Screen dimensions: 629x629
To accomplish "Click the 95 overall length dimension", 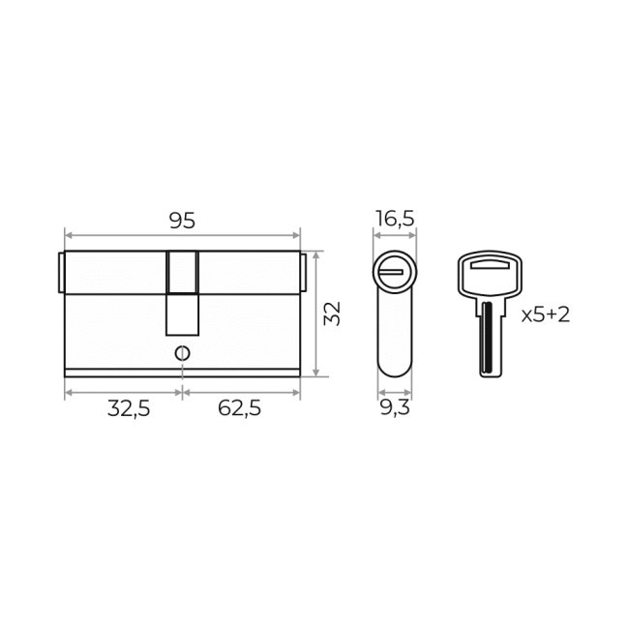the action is pyautogui.click(x=182, y=221).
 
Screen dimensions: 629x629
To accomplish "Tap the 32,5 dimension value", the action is pyautogui.click(x=129, y=409).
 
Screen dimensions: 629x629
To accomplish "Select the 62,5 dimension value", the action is pyautogui.click(x=239, y=408).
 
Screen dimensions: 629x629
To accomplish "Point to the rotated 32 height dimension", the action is pyautogui.click(x=332, y=314).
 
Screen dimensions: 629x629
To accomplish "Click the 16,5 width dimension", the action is pyautogui.click(x=395, y=219).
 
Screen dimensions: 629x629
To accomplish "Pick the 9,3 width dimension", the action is pyautogui.click(x=395, y=408).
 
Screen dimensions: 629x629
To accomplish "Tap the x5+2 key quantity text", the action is pyautogui.click(x=546, y=314).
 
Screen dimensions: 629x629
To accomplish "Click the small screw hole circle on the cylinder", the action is pyautogui.click(x=183, y=353).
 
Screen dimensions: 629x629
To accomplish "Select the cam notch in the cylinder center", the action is pyautogui.click(x=183, y=293).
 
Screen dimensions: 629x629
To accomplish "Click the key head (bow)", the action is pyautogui.click(x=490, y=275).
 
